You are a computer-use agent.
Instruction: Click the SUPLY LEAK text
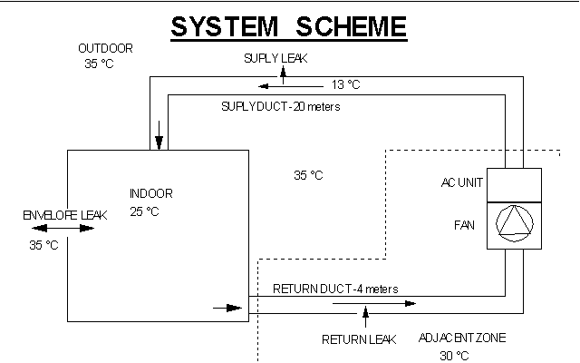point(275,58)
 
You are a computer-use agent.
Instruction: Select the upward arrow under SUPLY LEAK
point(283,73)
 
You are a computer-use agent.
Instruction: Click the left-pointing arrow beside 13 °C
point(273,86)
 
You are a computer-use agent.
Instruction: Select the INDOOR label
point(150,193)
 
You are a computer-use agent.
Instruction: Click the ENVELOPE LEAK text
point(65,215)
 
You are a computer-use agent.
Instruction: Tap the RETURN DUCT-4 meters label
point(335,289)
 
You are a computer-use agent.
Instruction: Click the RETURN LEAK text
point(359,340)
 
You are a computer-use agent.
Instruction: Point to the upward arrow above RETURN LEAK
point(365,316)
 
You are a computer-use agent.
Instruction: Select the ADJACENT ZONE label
point(462,338)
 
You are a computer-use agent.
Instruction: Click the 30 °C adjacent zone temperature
point(455,355)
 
